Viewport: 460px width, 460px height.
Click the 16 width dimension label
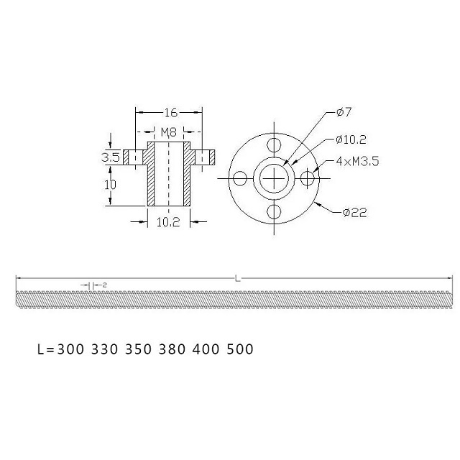pos(170,113)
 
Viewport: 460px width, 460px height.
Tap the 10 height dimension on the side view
pos(110,184)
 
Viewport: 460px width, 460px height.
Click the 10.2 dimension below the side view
pos(168,222)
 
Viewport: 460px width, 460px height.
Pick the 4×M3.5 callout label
pos(356,162)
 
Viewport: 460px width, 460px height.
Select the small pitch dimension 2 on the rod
pos(105,285)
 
